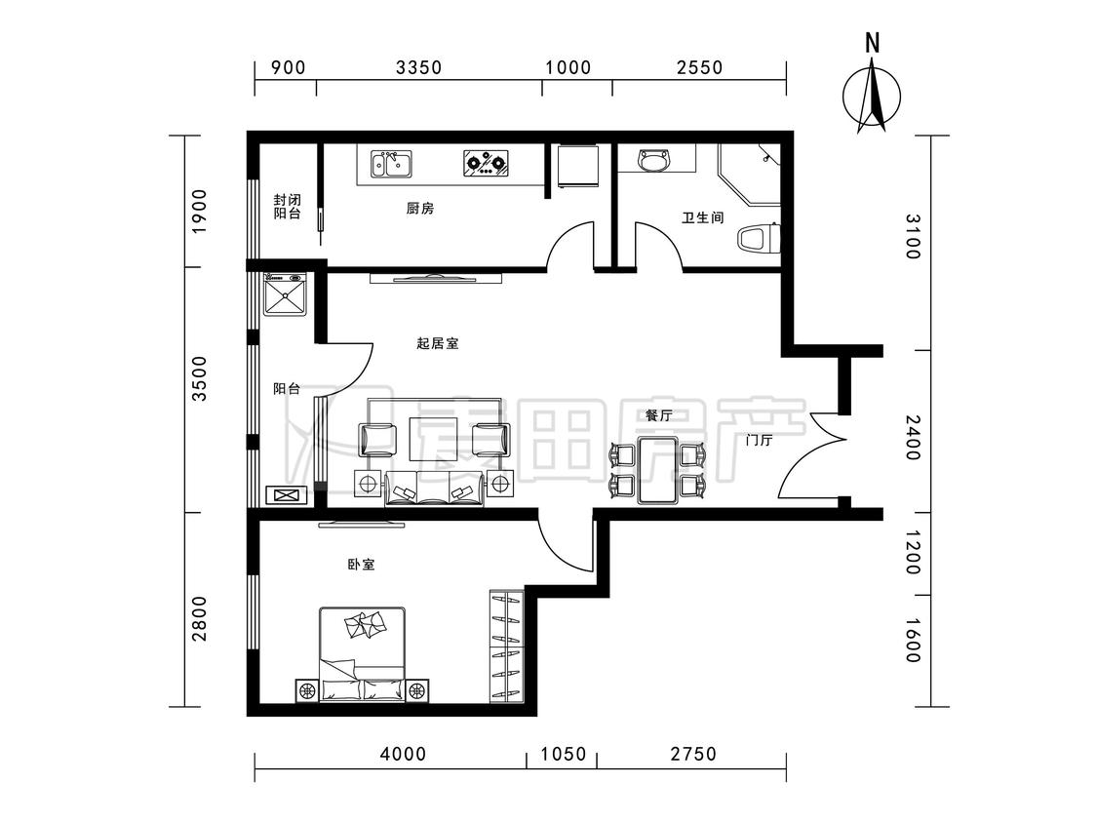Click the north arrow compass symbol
tap(872, 97)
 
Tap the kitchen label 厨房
tap(419, 209)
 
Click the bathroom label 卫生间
tap(702, 217)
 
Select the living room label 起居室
tap(437, 343)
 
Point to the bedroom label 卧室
tap(361, 564)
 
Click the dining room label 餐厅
tap(658, 415)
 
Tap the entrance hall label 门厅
tap(759, 440)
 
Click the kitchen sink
tap(392, 164)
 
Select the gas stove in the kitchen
tap(485, 163)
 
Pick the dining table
tap(657, 470)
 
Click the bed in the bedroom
tap(363, 654)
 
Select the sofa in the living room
tap(434, 489)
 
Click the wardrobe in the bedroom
tap(506, 647)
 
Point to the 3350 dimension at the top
tap(418, 67)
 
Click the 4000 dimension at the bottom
tap(403, 754)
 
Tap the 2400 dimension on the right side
tap(912, 438)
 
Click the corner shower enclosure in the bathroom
tap(750, 175)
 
